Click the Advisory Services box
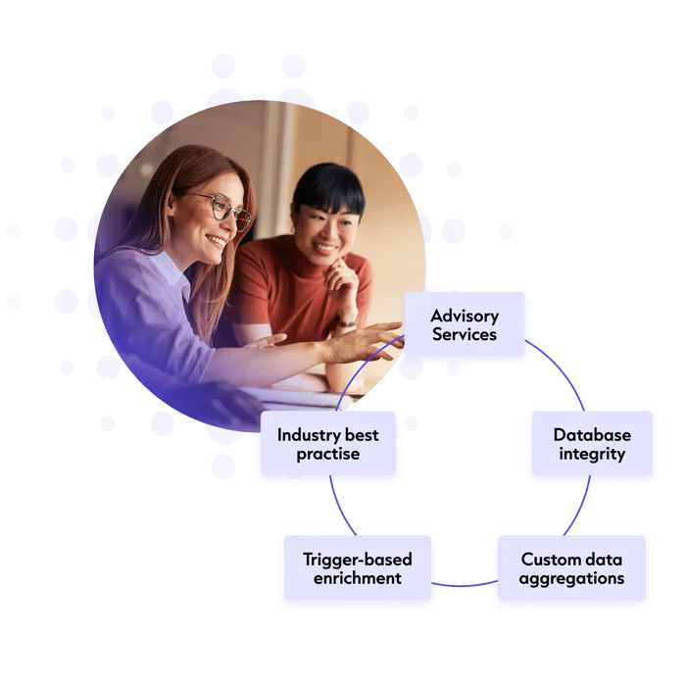[465, 323]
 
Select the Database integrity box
[592, 443]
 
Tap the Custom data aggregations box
[571, 567]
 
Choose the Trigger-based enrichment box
[358, 567]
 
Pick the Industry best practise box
[328, 443]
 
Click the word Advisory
[465, 316]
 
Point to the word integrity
[592, 454]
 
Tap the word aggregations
[571, 579]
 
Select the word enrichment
[358, 578]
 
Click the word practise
[328, 454]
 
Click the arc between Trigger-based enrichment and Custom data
[465, 585]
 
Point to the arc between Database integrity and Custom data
[580, 507]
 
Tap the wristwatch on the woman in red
[347, 321]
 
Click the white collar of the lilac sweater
[171, 271]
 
